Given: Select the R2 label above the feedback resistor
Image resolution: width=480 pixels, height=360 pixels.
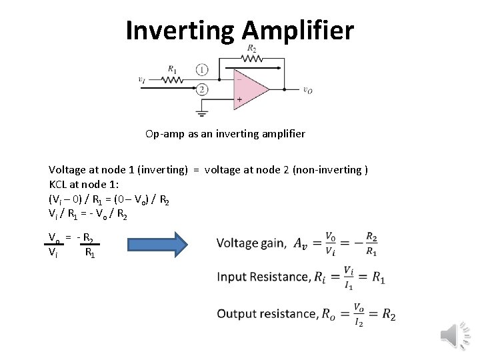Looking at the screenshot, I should tap(251, 49).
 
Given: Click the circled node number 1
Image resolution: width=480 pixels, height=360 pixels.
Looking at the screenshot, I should tap(202, 69).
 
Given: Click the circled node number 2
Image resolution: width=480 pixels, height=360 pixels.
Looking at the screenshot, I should tap(202, 89).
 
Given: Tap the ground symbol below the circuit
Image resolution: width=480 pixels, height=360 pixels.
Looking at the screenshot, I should tap(202, 112).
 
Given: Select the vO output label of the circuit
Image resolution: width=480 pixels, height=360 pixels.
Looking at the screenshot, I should tap(307, 91).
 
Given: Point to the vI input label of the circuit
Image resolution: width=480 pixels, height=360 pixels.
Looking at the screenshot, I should tap(141, 79).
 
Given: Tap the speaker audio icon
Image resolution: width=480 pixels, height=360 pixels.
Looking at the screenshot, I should tap(455, 333).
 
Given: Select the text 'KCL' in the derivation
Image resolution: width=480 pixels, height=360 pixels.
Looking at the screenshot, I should tap(59, 184).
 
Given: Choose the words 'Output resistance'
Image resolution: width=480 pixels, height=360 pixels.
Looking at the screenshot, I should tap(267, 313).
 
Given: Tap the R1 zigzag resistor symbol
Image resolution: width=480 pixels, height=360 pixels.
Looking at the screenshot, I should tap(172, 79).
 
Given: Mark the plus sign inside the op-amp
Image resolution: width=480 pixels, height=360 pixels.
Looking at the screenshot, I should tap(239, 99).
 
